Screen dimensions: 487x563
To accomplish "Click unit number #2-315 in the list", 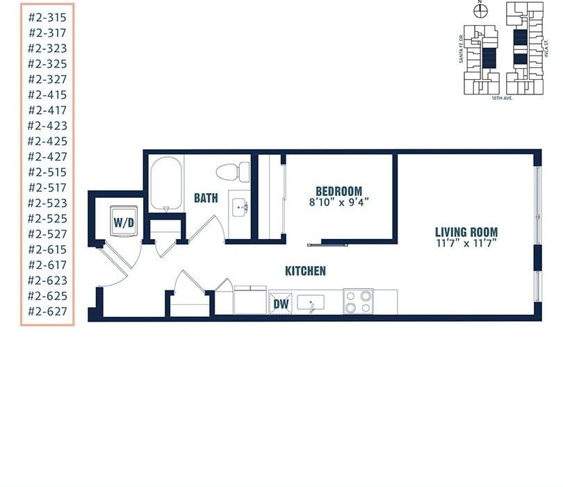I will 47,17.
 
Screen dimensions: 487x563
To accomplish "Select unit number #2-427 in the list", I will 47,156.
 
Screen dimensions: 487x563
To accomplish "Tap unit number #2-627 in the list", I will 47,311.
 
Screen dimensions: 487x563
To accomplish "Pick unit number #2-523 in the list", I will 47,203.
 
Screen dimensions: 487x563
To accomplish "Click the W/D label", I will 124,223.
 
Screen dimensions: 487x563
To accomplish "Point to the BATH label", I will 206,198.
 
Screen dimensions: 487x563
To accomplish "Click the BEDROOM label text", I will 338,191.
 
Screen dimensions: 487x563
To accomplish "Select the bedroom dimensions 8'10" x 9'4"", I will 338,203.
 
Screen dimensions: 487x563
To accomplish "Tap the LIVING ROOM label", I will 466,232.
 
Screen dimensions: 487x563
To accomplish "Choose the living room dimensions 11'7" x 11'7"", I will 466,244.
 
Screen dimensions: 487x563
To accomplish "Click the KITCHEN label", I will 305,271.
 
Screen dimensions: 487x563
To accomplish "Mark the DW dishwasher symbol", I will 281,303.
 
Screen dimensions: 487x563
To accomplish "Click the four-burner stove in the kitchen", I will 358,302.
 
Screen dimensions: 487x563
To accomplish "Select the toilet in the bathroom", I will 232,171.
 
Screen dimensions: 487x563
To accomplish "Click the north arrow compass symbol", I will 478,10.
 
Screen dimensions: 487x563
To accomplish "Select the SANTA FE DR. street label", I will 460,49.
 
